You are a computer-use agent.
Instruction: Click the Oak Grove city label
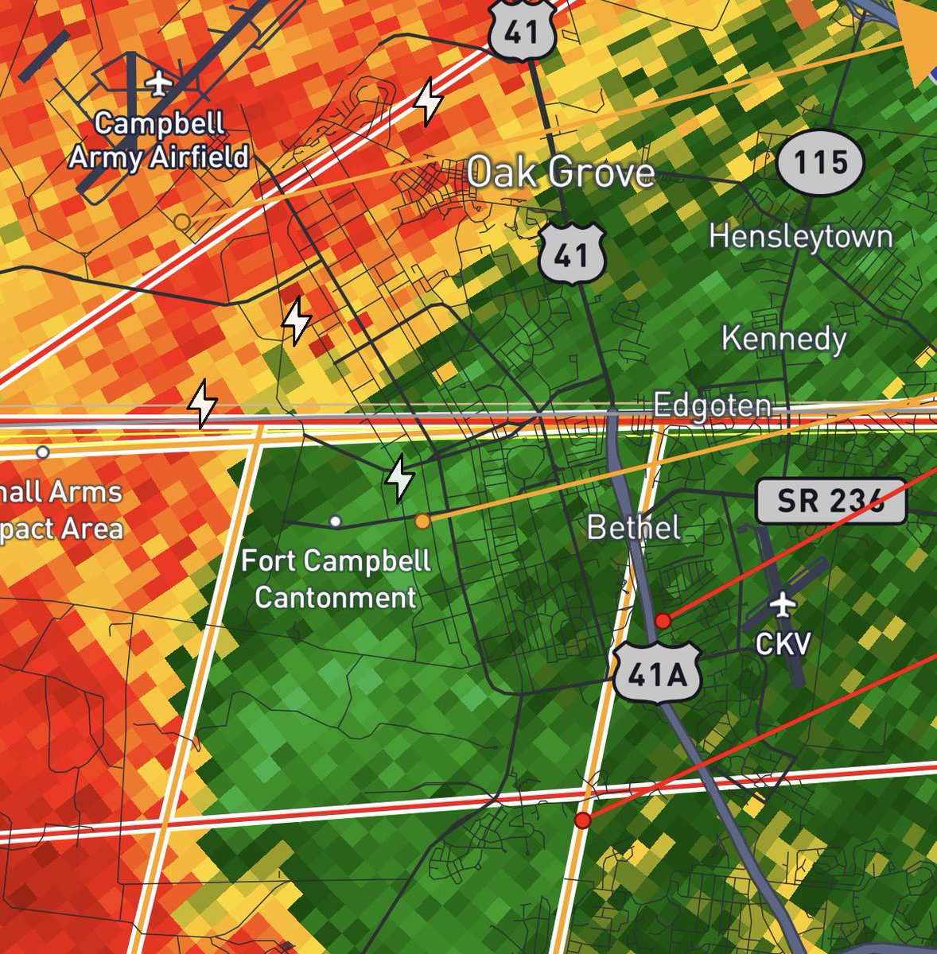[561, 173]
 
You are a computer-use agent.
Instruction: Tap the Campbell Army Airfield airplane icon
[160, 82]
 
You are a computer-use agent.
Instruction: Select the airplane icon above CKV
[783, 606]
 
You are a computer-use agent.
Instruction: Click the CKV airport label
[783, 643]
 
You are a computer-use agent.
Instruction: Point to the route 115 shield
[819, 163]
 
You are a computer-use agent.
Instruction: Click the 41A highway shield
[656, 675]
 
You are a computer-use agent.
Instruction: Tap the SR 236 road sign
[830, 501]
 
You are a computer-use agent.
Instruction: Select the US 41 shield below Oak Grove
[572, 254]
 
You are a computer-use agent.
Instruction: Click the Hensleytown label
[800, 236]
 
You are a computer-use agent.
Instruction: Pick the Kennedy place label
[783, 339]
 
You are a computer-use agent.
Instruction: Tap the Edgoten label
[712, 406]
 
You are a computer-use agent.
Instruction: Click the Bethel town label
[634, 527]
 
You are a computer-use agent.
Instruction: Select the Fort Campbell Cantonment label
[336, 579]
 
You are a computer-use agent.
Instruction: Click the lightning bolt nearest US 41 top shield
[429, 101]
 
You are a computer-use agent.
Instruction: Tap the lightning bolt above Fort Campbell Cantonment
[399, 479]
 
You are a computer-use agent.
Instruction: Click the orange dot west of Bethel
[422, 521]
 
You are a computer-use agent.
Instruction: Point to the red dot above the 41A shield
[662, 621]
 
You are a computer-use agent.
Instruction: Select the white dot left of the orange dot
[336, 522]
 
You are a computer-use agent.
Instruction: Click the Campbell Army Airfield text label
[158, 140]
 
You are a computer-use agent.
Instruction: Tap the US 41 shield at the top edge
[521, 30]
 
